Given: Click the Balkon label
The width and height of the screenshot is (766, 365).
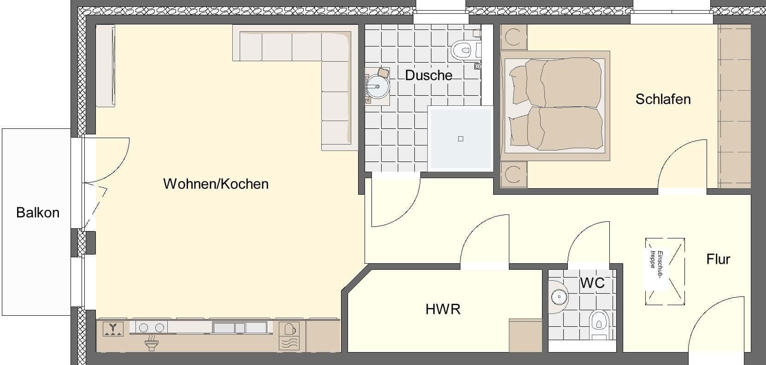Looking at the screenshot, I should point(38,213).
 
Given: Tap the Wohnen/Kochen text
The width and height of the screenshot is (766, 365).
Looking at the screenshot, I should point(216,184).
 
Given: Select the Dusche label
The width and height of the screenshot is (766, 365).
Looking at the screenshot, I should point(429,75).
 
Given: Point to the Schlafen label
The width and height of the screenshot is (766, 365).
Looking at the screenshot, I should point(663,99).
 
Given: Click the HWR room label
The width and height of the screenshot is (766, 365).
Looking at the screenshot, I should point(443,309).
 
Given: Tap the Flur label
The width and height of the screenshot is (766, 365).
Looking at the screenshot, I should point(718,259).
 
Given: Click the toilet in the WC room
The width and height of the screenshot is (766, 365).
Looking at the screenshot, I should point(599,322).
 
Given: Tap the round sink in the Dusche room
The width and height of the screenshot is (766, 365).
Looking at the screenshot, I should point(377,87).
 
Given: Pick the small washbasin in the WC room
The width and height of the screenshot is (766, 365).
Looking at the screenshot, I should point(560,297).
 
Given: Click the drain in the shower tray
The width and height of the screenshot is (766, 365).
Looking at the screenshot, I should point(460,139).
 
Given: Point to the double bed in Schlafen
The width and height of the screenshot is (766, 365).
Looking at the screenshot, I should point(555,105).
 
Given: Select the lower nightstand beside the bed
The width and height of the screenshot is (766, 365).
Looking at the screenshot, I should point(513,174).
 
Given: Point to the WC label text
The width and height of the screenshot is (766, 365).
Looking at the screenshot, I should point(592,283).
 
